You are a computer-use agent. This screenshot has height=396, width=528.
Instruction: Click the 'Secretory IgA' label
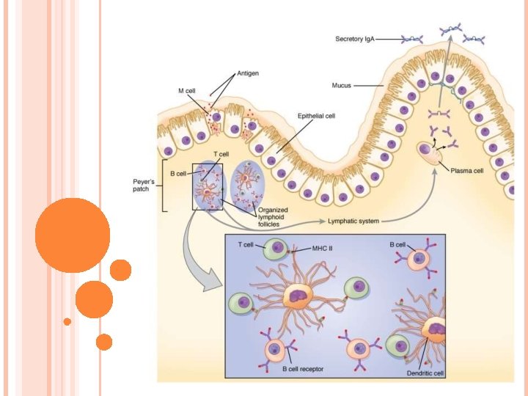click(355, 38)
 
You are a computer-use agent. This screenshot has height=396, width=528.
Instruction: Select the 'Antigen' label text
click(248, 73)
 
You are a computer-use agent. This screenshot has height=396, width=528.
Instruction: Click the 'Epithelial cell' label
click(316, 116)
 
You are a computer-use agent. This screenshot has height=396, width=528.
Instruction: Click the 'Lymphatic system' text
click(353, 220)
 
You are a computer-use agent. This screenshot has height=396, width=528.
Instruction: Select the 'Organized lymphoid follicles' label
click(273, 216)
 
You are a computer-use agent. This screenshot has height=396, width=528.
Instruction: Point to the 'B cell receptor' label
click(303, 368)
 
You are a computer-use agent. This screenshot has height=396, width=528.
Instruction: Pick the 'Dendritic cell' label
click(425, 373)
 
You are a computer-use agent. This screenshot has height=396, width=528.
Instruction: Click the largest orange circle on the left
click(72, 235)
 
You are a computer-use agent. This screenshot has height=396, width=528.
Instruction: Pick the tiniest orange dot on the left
click(67, 321)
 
